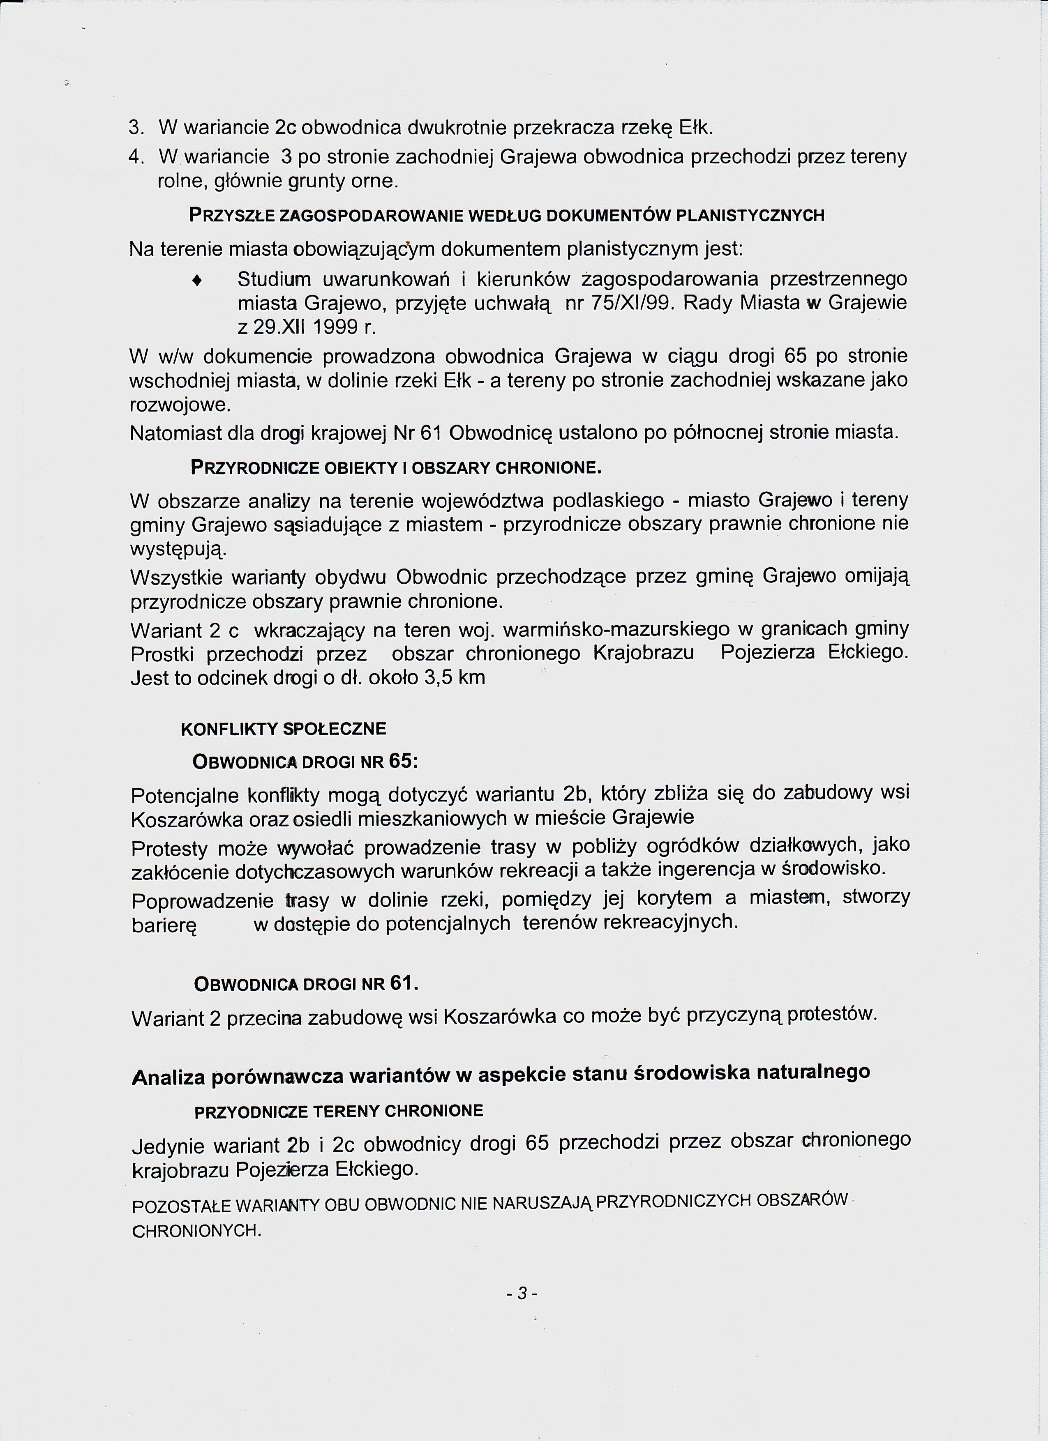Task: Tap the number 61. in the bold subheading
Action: [x=404, y=983]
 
